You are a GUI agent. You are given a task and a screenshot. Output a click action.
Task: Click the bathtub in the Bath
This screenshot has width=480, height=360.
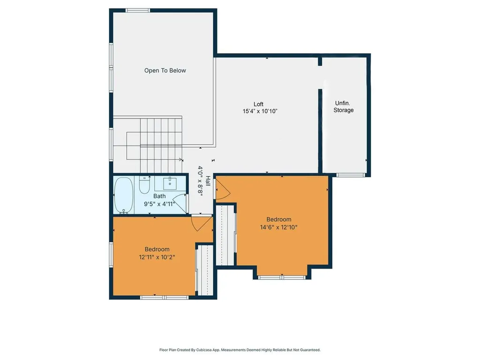tap(124, 195)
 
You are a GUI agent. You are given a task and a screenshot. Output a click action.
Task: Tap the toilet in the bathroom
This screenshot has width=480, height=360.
tap(144, 186)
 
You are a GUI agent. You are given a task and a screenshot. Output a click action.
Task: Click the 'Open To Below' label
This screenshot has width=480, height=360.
tap(165, 71)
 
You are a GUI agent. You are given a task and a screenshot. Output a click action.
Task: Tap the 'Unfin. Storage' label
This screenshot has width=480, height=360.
tap(344, 106)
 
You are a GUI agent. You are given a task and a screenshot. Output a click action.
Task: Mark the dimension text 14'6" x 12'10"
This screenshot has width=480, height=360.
tap(279, 227)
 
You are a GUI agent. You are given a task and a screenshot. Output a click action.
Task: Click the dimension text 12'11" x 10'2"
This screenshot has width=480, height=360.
tap(157, 257)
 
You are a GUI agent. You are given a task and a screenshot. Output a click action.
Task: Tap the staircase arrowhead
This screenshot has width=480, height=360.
tap(181, 160)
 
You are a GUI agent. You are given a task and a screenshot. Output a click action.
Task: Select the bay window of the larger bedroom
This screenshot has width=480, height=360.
tap(282, 277)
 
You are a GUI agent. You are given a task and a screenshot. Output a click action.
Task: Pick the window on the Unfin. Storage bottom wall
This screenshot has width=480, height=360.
tap(351, 175)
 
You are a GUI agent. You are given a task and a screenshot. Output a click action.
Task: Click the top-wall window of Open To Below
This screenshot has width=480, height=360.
tap(138, 10)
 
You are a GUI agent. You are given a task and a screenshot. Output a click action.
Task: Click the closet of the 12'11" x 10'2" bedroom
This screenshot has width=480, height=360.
tap(204, 270)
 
